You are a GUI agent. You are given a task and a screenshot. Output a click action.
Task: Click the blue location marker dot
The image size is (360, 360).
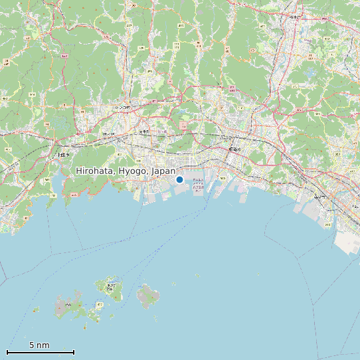179,179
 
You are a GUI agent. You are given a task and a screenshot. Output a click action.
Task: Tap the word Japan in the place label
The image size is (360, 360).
163,171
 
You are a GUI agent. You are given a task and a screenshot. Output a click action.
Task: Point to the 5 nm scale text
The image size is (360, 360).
39,345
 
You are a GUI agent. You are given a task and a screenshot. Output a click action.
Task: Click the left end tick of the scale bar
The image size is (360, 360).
7,351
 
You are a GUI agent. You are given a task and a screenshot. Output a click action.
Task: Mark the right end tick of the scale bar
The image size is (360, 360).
74,351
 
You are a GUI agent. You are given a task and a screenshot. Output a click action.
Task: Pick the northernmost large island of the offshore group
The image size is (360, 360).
111,288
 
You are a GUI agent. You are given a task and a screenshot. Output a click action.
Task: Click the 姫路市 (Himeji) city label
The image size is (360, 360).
233,149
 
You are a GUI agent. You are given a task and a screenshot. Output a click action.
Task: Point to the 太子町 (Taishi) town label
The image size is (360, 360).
144,132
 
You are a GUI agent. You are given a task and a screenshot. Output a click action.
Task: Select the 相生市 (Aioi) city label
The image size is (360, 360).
62,155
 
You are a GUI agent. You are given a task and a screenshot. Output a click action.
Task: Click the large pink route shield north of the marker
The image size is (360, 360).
183,126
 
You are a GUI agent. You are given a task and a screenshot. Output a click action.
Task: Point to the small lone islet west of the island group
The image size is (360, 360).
37,310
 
